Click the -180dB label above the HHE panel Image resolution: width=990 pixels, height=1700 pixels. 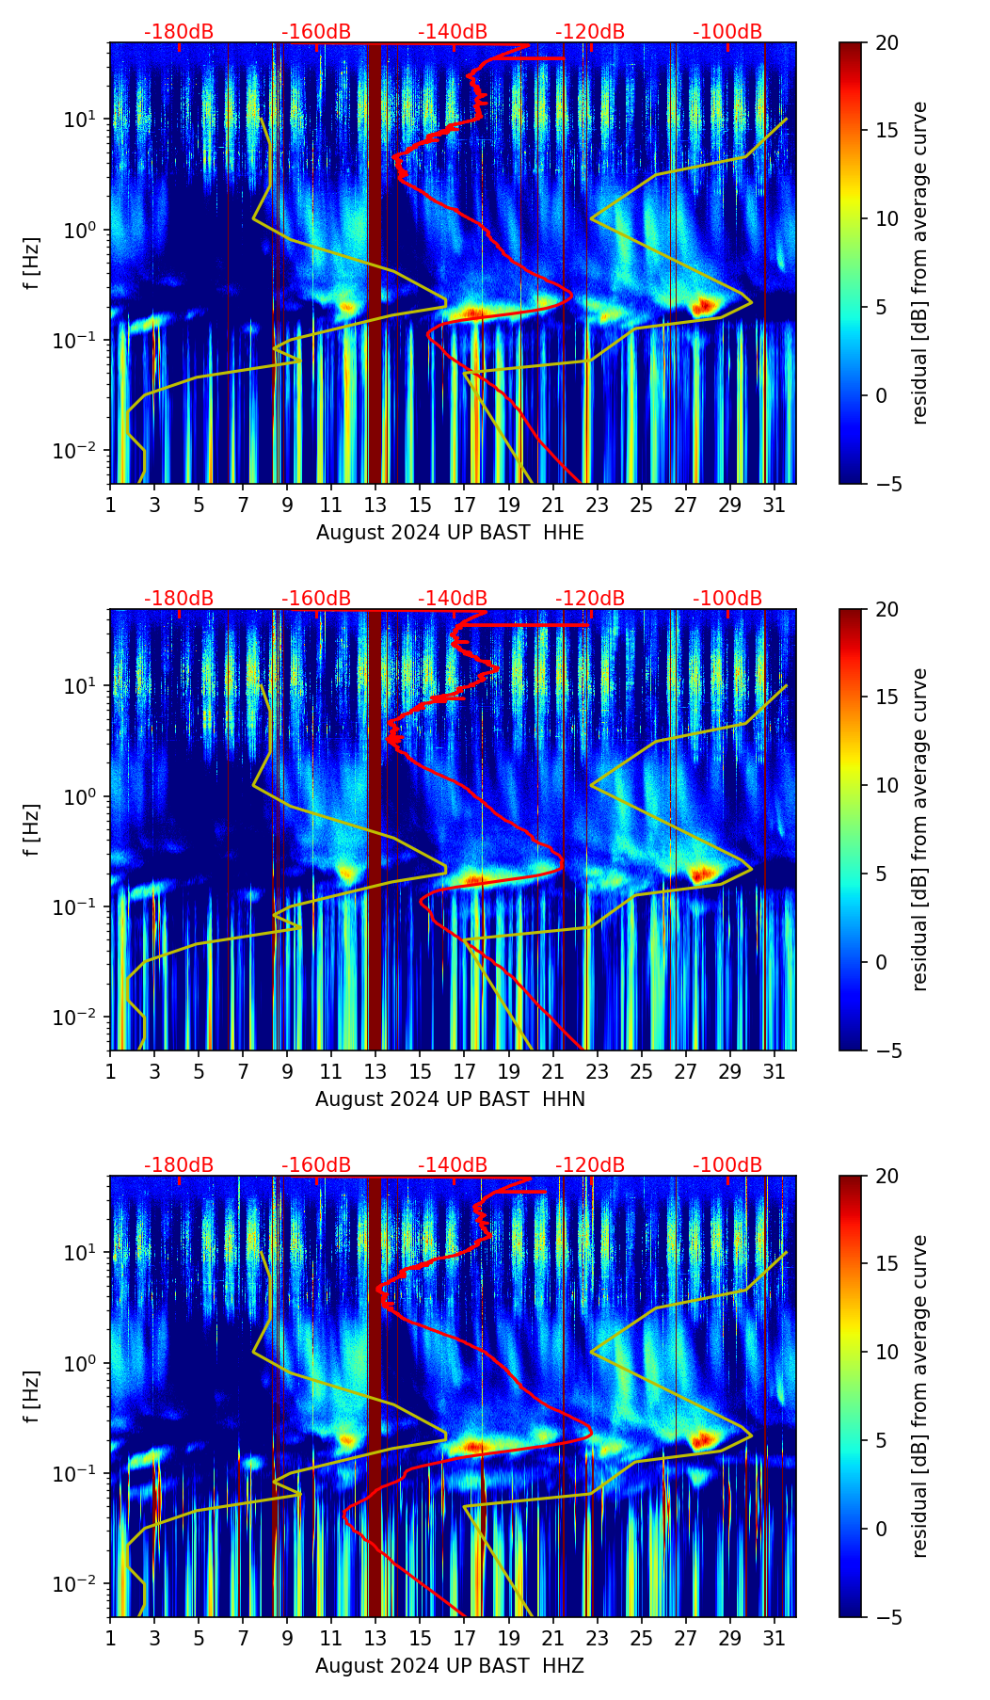179,32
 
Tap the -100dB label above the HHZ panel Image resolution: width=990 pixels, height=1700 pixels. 727,1165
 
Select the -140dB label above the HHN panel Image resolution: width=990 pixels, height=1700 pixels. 453,599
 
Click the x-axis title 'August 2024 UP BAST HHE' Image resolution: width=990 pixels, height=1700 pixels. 450,533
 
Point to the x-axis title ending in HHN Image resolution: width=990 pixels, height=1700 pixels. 450,1099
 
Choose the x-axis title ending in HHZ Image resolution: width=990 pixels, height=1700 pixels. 450,1666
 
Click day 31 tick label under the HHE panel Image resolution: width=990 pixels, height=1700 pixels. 774,505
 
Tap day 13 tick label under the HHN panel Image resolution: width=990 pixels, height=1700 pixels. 375,1071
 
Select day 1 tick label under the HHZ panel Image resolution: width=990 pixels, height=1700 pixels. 111,1638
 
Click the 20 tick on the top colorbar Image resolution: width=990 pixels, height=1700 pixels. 886,42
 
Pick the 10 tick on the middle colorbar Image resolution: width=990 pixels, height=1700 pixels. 886,785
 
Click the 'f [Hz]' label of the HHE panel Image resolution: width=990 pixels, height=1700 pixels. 32,264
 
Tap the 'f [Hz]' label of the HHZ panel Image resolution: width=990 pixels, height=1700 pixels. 32,1397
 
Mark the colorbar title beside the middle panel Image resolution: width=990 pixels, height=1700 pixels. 920,829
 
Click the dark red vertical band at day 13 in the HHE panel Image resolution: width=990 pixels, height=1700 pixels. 375,264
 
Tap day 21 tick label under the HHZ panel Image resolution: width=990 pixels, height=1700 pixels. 552,1638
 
